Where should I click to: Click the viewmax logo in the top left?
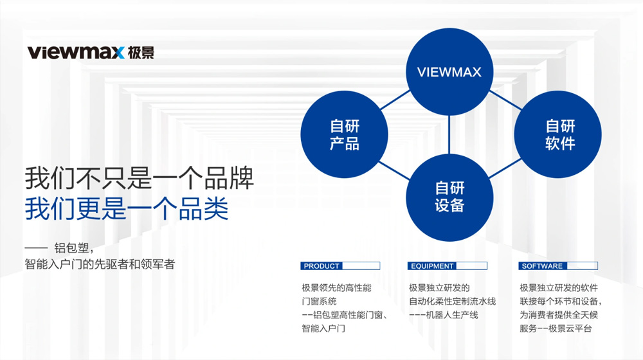(x=91, y=53)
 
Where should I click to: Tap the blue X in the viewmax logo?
(x=117, y=53)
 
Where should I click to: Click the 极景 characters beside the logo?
(x=141, y=53)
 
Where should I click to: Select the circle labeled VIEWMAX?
(x=449, y=72)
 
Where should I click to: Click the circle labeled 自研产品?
(x=345, y=134)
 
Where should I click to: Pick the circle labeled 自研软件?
(x=558, y=134)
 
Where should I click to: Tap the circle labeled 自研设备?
(x=449, y=197)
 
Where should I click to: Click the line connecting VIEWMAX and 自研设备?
(x=449, y=135)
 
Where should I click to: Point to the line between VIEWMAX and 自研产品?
(x=395, y=100)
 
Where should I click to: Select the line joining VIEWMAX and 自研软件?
(x=505, y=100)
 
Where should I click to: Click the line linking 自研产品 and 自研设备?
(x=395, y=170)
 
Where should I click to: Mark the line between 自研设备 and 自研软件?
(x=505, y=168)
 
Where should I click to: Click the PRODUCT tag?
(x=340, y=265)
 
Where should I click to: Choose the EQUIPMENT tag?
(x=448, y=265)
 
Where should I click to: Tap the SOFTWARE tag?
(x=558, y=265)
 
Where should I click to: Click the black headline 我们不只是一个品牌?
(x=140, y=178)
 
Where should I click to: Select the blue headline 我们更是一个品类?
(x=127, y=209)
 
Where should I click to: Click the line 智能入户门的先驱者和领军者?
(x=100, y=264)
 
